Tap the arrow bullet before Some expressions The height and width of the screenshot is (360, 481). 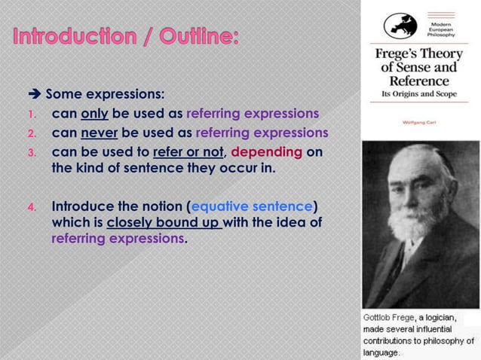click(x=35, y=95)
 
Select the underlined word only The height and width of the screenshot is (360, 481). click(x=95, y=114)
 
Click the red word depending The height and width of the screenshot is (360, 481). click(x=271, y=152)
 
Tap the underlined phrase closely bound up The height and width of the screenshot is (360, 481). click(x=164, y=223)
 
